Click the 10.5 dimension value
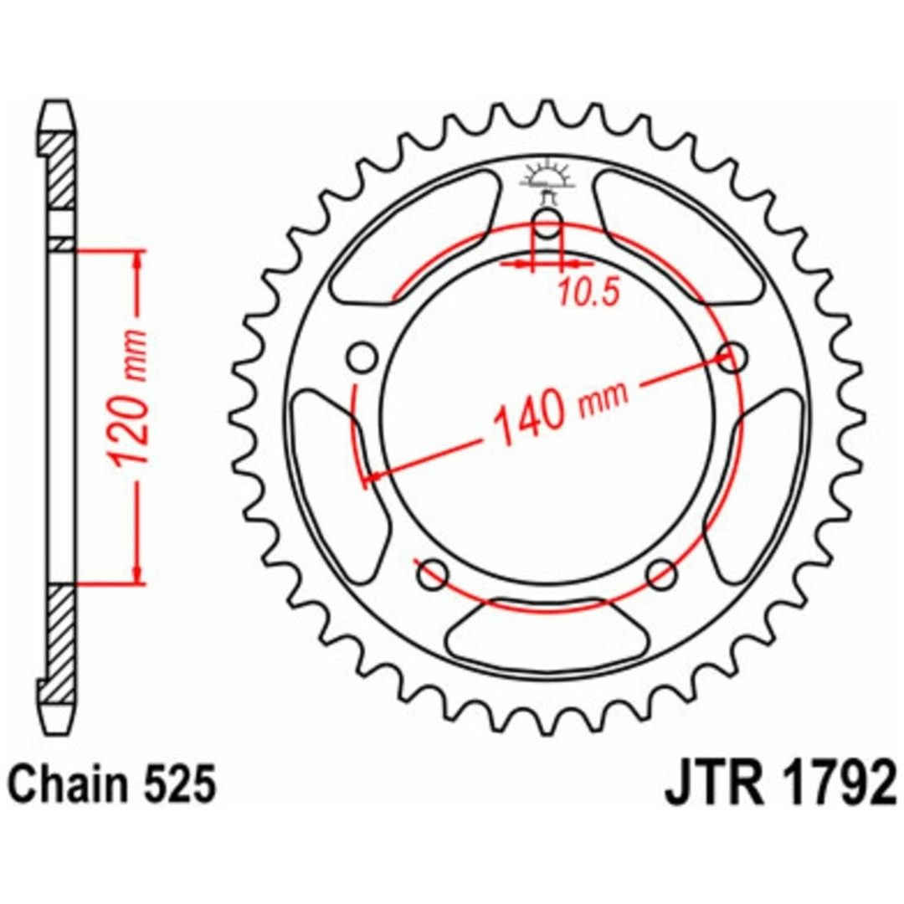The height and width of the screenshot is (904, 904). (x=588, y=292)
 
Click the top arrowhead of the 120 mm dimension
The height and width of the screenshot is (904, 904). (x=137, y=260)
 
